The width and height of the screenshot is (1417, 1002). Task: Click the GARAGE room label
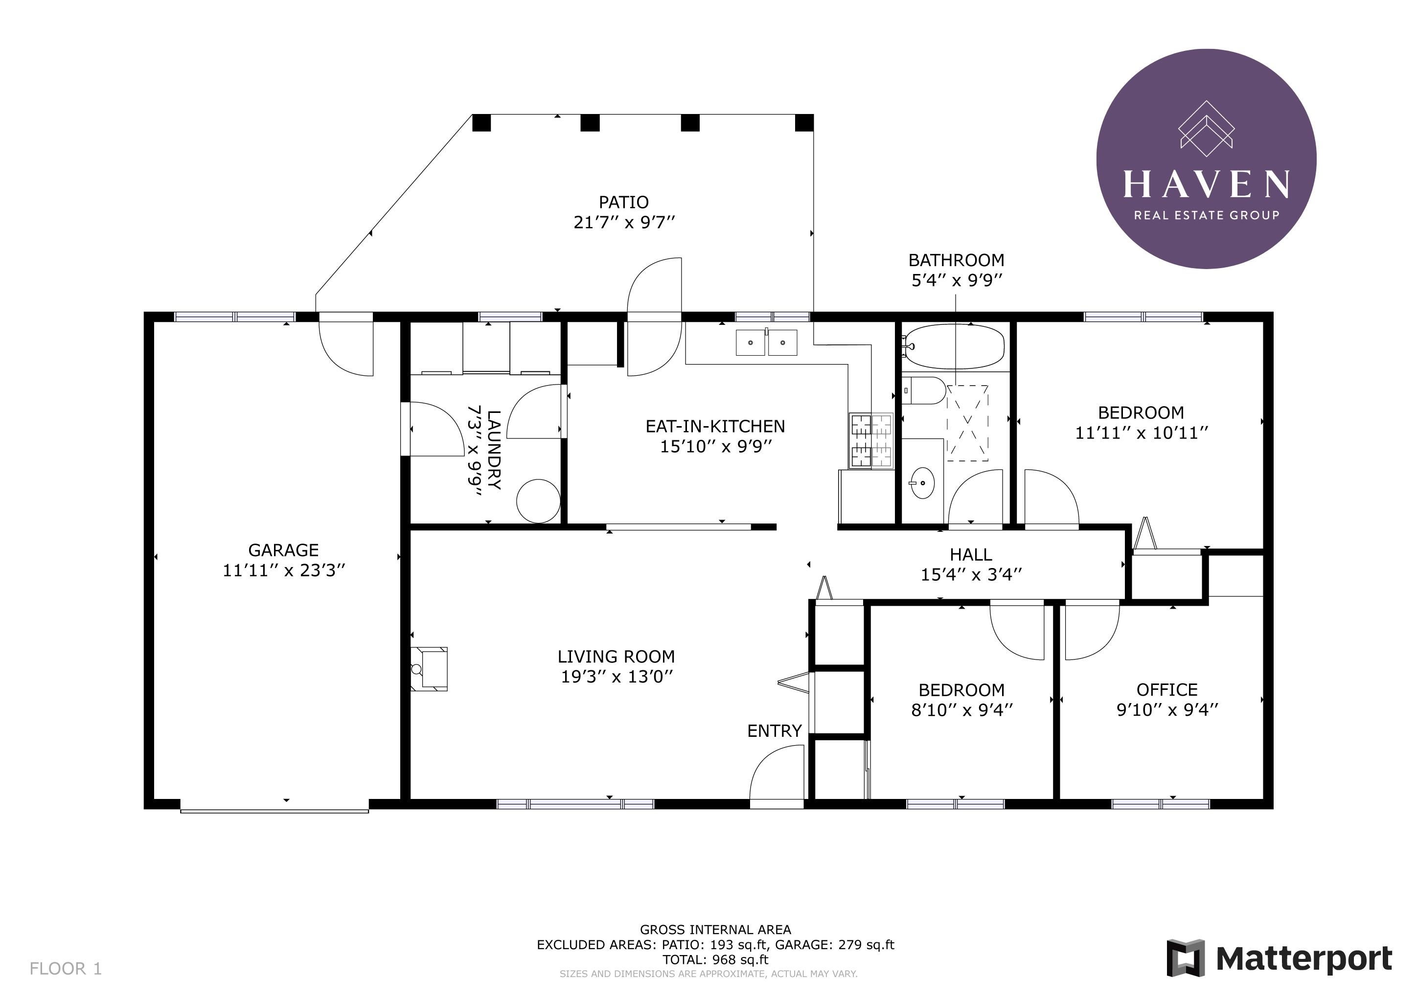(x=283, y=550)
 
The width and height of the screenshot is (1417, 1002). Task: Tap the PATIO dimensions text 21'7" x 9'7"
(x=624, y=222)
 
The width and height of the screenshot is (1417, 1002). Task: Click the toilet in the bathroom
(x=924, y=390)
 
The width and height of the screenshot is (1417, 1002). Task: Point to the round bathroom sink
(x=922, y=482)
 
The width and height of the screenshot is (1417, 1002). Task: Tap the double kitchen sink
(x=766, y=342)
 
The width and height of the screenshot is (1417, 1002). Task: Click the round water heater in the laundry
(x=538, y=501)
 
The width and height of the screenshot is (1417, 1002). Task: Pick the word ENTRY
(x=775, y=731)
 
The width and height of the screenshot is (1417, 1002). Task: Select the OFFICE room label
(x=1167, y=690)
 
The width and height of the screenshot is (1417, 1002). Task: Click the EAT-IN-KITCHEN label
(x=715, y=426)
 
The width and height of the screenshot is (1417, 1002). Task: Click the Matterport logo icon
(x=1186, y=958)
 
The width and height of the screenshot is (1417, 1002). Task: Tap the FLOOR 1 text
(x=66, y=969)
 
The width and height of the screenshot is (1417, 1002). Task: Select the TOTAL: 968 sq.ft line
(x=715, y=959)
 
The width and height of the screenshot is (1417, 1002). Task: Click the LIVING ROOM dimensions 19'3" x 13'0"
(x=617, y=677)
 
